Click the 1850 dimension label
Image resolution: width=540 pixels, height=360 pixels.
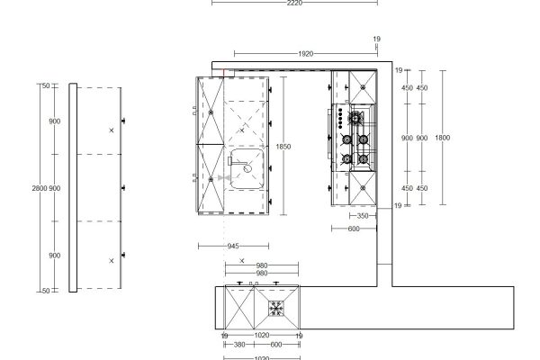tap(283, 146)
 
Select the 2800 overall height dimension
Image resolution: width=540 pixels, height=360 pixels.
tap(38, 188)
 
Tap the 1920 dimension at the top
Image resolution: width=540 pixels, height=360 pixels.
tap(305, 54)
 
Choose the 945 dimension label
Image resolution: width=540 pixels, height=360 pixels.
tap(231, 245)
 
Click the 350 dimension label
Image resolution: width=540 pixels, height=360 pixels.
tap(362, 216)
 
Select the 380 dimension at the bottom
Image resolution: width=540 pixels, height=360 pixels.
tap(239, 345)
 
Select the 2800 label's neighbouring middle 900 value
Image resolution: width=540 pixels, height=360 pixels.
tap(55, 188)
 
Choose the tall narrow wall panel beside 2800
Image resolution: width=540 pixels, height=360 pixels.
tap(74, 187)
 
